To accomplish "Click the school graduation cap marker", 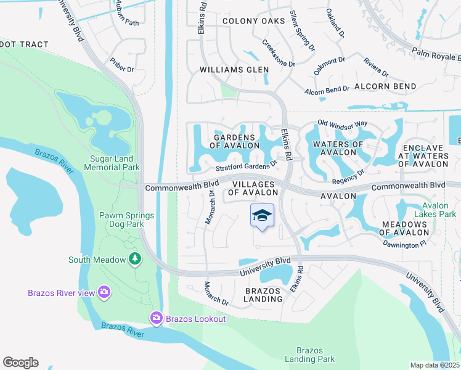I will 263,215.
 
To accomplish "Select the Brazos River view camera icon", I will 104,292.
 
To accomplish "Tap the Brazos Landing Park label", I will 310,354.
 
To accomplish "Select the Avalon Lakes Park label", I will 439,210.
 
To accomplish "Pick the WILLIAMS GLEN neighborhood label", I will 234,70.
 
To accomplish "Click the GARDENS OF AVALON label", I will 234,141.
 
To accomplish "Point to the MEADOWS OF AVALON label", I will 404,228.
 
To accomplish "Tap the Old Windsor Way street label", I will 342,124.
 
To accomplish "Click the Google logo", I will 20,363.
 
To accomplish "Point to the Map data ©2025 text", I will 434,365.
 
